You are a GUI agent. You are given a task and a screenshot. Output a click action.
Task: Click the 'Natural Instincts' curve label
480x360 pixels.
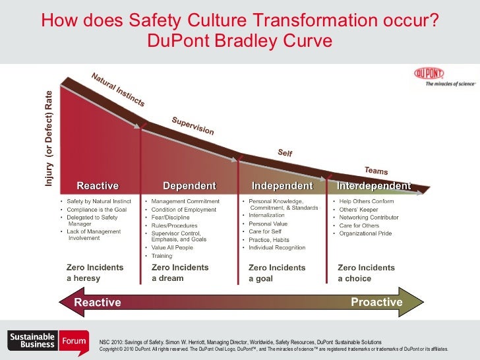point(117,90)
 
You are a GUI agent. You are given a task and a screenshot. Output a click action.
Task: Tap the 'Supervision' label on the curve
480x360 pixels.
point(193,125)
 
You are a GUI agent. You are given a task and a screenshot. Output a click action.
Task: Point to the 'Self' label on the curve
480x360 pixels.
point(285,153)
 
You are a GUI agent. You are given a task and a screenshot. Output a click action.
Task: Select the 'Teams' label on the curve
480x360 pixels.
point(376,170)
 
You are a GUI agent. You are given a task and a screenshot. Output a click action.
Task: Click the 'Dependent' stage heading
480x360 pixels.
point(189,185)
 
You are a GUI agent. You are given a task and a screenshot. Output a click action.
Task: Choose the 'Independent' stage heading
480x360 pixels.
point(282,185)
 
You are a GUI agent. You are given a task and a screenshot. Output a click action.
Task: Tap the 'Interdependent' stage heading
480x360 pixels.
point(374,185)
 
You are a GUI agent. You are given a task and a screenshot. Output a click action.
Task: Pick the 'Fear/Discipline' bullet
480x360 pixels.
point(173,218)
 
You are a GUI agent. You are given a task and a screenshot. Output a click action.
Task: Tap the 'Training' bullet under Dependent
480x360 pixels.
point(162,256)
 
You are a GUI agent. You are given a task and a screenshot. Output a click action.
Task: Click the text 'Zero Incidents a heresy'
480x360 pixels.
point(95,273)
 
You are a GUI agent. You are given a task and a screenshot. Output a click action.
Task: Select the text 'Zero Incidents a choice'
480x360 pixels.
point(366,273)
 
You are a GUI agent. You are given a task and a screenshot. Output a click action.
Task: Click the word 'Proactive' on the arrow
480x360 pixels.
point(376,302)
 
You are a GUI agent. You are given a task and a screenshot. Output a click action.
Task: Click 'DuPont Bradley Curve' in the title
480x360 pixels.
point(239,41)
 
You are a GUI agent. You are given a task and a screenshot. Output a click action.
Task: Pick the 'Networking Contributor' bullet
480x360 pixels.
point(369,218)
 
